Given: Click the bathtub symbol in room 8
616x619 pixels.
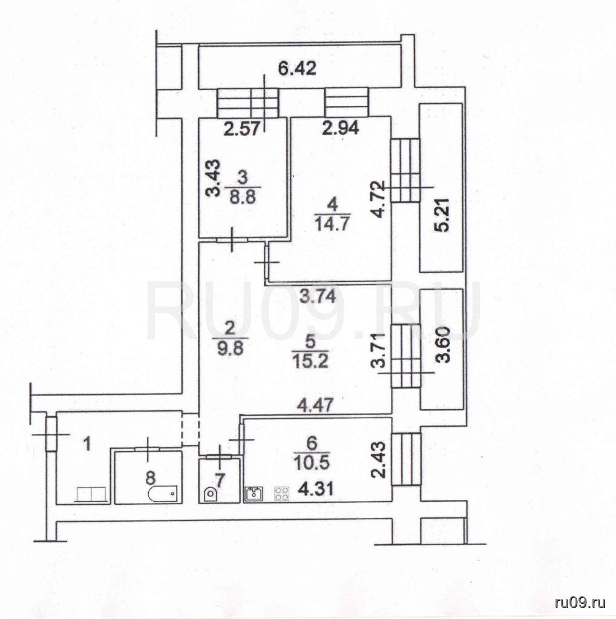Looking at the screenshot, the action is [x=162, y=493].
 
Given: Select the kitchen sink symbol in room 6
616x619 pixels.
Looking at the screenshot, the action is [x=253, y=493].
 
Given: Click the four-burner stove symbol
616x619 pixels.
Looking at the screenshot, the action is [x=282, y=494].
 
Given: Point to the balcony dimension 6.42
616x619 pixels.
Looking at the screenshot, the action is [x=297, y=69].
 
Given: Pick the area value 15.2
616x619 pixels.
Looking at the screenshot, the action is [x=310, y=361].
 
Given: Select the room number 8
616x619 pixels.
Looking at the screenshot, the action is [x=150, y=478].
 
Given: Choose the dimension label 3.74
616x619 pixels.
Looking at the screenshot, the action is [x=318, y=296].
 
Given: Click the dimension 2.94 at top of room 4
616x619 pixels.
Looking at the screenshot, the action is [x=340, y=128].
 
